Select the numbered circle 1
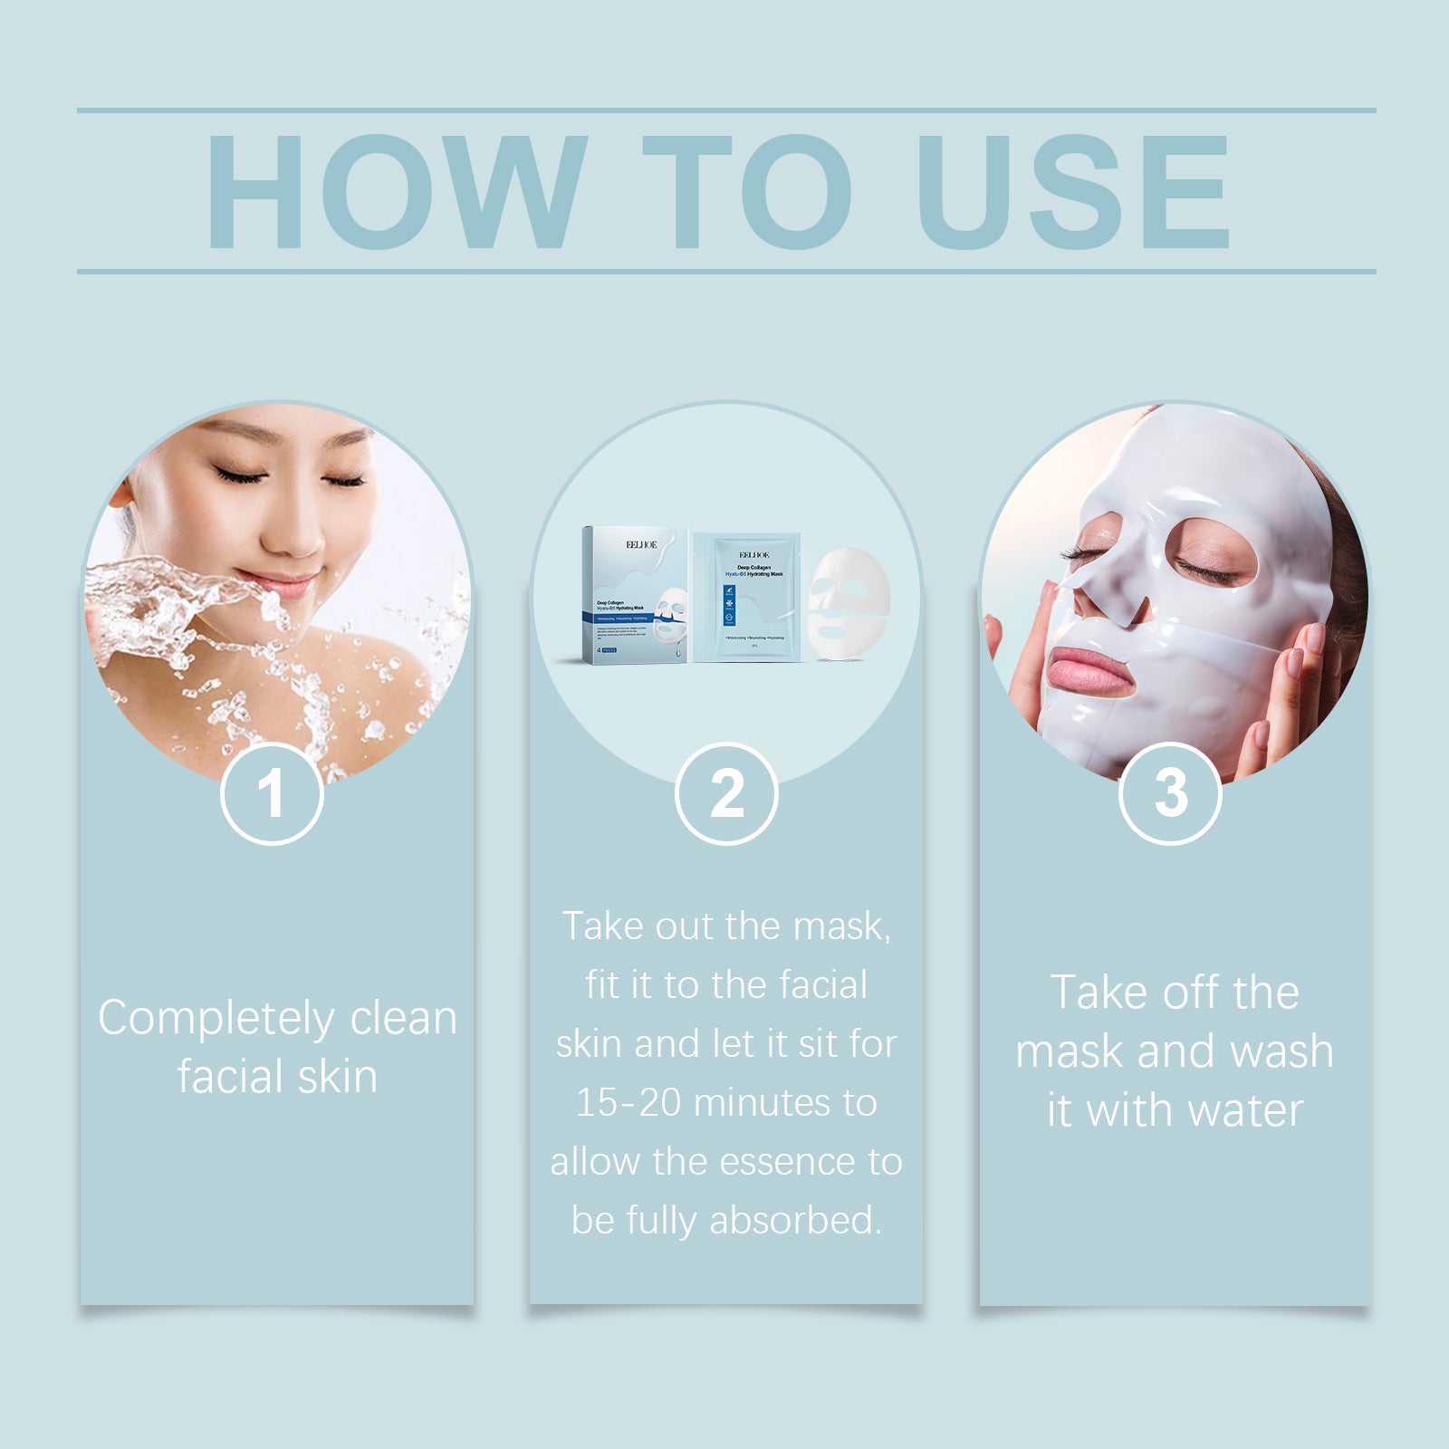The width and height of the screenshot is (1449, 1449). pyautogui.click(x=272, y=793)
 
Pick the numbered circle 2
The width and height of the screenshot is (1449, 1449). pyautogui.click(x=726, y=793)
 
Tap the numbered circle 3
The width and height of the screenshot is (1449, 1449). pyautogui.click(x=1170, y=793)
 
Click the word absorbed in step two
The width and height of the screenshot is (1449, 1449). pyautogui.click(x=795, y=1221)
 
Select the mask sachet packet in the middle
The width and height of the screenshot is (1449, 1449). pyautogui.click(x=751, y=598)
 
